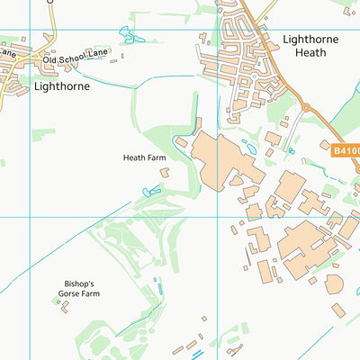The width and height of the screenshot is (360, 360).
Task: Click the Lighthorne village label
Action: coord(62,87)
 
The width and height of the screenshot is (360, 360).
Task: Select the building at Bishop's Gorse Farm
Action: coord(64,306)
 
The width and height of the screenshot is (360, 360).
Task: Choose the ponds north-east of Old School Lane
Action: coord(128,35)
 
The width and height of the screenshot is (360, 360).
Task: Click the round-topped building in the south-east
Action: coord(335,283)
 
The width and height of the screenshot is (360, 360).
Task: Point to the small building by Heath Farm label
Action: coord(181,142)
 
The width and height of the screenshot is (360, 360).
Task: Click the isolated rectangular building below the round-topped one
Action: coord(338,310)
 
